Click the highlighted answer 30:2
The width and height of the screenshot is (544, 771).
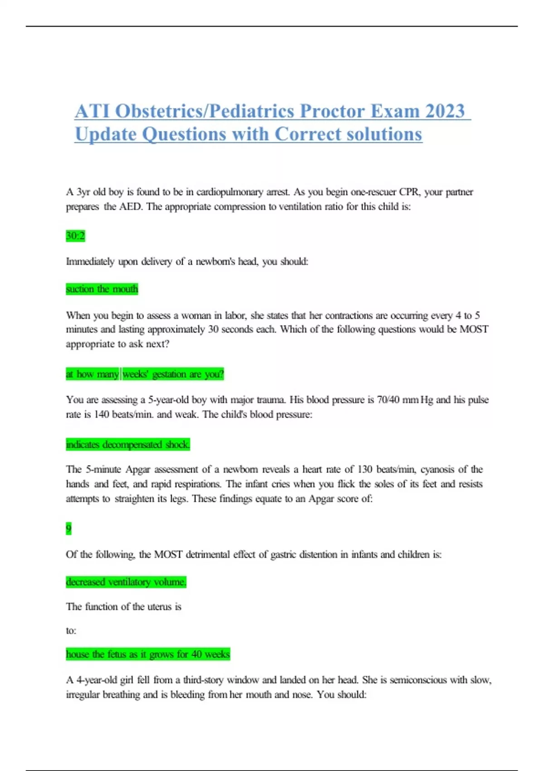pyautogui.click(x=75, y=236)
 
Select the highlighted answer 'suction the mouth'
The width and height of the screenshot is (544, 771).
pyautogui.click(x=102, y=289)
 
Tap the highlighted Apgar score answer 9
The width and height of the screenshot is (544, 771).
pyautogui.click(x=68, y=529)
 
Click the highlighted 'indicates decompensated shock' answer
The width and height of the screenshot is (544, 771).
pyautogui.click(x=128, y=444)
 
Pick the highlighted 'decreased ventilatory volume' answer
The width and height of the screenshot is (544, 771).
pyautogui.click(x=126, y=582)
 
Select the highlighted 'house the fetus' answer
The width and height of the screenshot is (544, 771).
pyautogui.click(x=148, y=654)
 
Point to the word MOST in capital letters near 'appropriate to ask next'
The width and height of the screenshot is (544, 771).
pyautogui.click(x=474, y=329)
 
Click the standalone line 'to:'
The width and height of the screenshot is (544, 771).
pyautogui.click(x=71, y=630)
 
